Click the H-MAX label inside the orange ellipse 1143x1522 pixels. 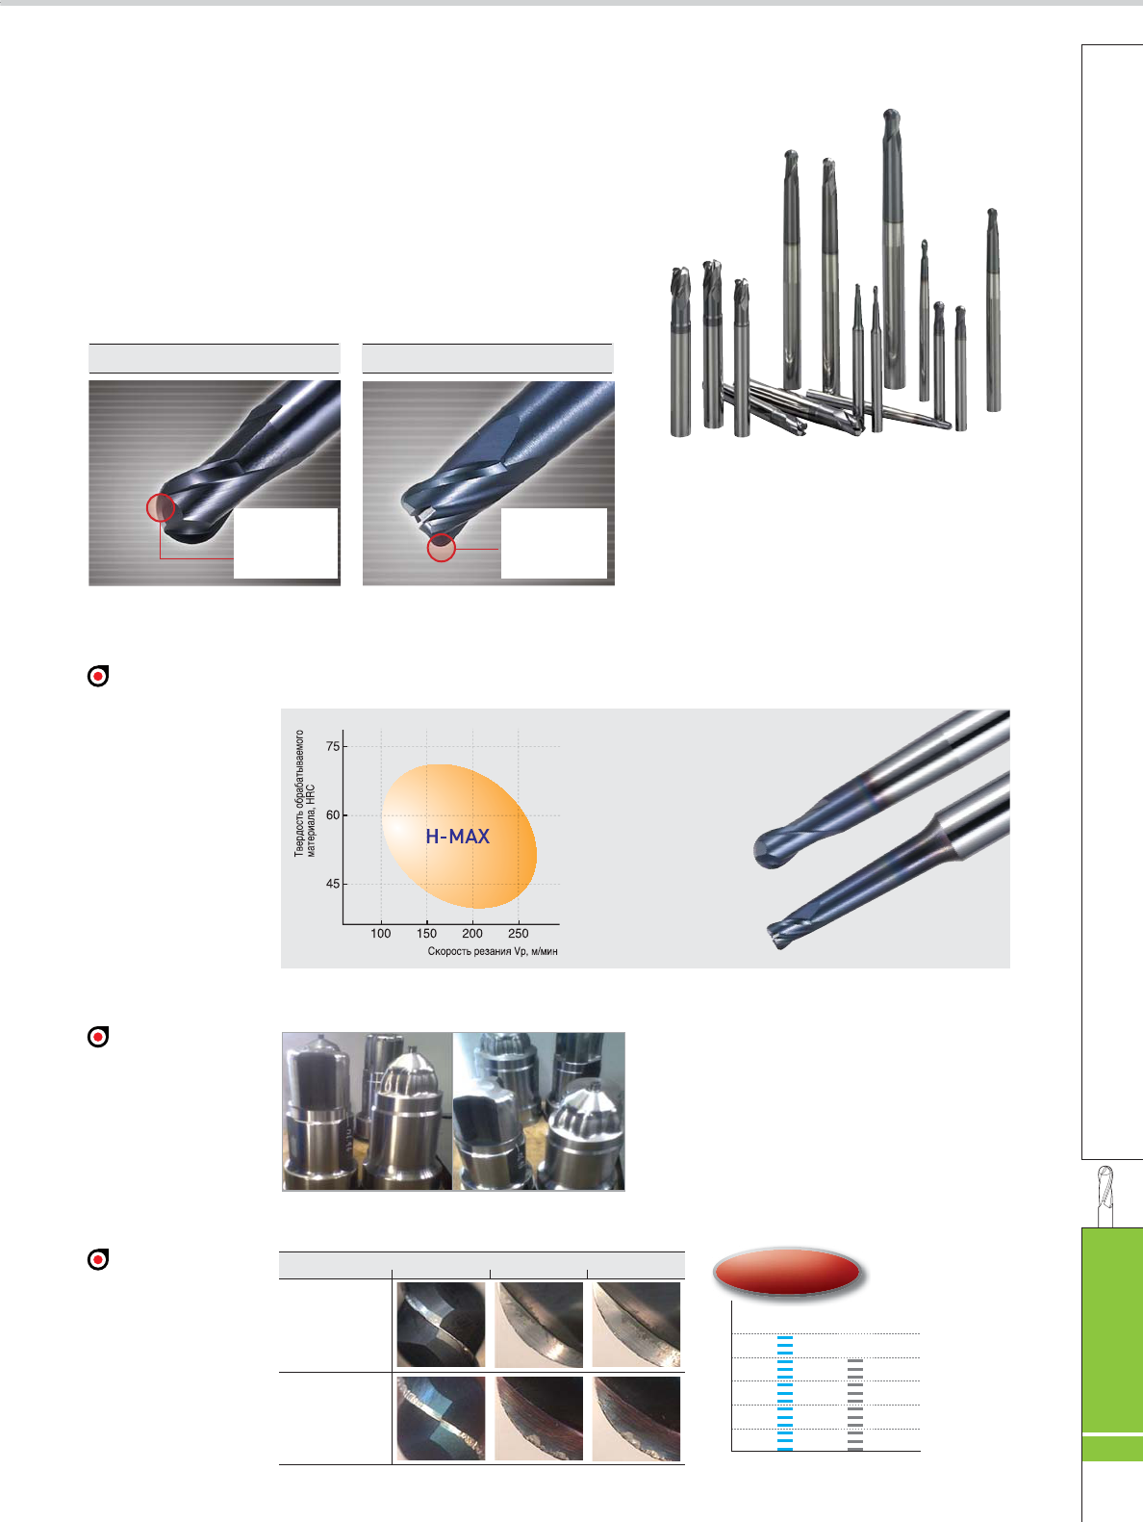click(x=457, y=837)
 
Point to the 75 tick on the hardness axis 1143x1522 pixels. click(x=333, y=746)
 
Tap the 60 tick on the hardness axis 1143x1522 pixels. click(x=333, y=814)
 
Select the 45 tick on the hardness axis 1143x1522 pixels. click(x=333, y=884)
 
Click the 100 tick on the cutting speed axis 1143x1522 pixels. click(x=380, y=933)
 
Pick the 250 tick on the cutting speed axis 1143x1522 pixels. click(x=519, y=933)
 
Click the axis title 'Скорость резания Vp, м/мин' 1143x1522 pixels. click(x=493, y=951)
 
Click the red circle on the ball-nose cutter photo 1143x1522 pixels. click(x=161, y=507)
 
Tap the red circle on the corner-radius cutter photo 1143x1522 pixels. click(x=442, y=547)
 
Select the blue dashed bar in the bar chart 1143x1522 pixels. click(x=785, y=1392)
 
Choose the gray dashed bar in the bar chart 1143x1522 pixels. click(x=855, y=1405)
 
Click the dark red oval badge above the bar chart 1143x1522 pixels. click(x=787, y=1273)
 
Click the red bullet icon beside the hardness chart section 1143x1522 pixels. click(x=98, y=676)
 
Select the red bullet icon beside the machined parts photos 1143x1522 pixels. click(x=98, y=1037)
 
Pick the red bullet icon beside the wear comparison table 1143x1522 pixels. click(x=98, y=1259)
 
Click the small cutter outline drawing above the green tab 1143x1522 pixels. click(x=1105, y=1196)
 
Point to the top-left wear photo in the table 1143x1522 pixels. click(x=441, y=1325)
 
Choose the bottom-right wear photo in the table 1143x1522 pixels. click(x=636, y=1419)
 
